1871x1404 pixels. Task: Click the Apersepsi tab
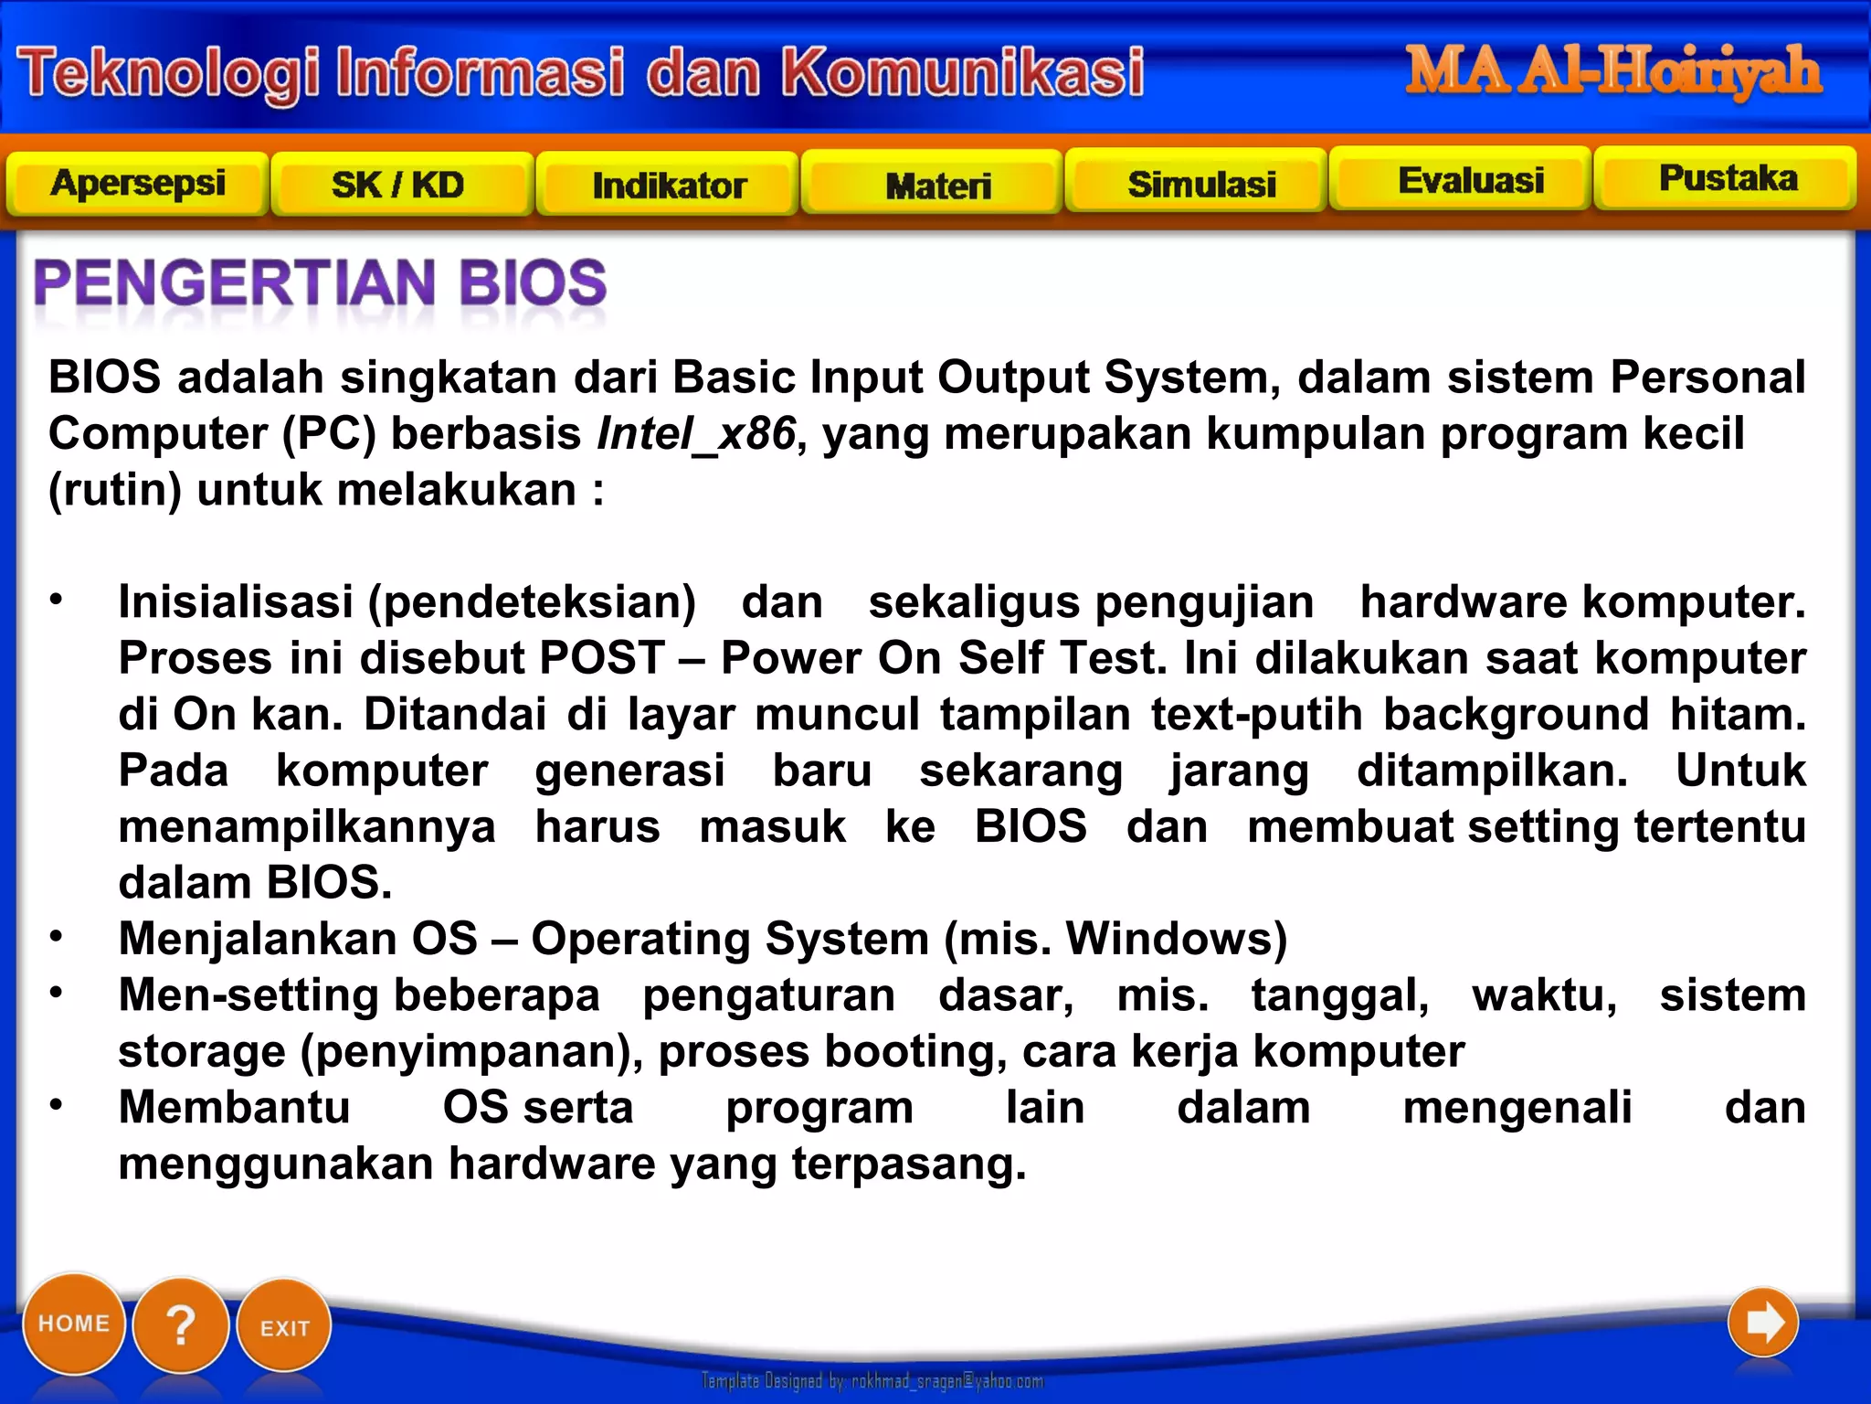coord(137,184)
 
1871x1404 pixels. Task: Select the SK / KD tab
coord(399,186)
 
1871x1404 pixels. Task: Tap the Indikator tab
coord(668,186)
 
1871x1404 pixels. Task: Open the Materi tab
coord(937,186)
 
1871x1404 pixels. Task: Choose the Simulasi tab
coord(1200,184)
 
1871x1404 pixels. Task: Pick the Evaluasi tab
coord(1470,180)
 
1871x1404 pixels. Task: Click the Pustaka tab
coord(1727,177)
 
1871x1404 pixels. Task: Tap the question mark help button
coord(181,1324)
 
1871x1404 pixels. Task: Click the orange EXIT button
coord(284,1327)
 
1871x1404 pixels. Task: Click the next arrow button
coord(1762,1322)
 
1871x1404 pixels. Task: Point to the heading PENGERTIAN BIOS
coord(320,282)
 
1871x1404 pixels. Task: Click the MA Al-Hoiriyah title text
coord(1612,71)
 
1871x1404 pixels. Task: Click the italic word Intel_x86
coord(696,433)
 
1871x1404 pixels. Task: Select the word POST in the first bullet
coord(601,658)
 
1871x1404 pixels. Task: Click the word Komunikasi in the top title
coord(962,72)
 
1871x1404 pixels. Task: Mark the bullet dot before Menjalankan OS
coord(57,935)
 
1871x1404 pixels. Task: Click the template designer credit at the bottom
coord(872,1380)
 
